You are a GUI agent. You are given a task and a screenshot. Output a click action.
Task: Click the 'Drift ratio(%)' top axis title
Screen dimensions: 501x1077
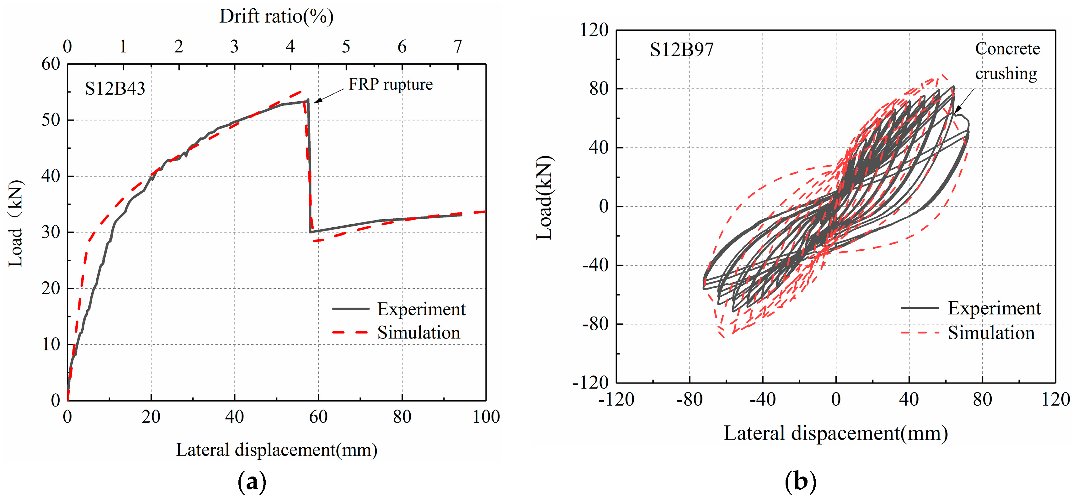click(x=276, y=17)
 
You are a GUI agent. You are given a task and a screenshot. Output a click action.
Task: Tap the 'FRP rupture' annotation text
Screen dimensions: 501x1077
click(x=391, y=84)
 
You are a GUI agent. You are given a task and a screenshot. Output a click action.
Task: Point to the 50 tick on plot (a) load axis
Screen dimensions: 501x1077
click(x=51, y=120)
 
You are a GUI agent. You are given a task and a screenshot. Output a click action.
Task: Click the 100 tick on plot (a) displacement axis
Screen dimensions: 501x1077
click(x=486, y=417)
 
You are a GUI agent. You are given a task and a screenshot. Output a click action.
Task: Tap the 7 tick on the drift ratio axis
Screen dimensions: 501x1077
click(x=458, y=46)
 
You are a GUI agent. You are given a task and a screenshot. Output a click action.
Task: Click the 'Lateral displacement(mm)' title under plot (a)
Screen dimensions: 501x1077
click(x=276, y=450)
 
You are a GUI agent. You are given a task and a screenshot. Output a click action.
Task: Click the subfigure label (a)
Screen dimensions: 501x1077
click(x=252, y=482)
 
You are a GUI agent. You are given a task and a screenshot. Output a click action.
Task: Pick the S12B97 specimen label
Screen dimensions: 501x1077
click(x=681, y=50)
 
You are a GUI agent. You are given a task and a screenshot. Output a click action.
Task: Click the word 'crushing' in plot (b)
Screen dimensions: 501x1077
click(x=1006, y=74)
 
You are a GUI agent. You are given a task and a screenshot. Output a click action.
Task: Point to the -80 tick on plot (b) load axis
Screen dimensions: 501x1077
click(x=596, y=324)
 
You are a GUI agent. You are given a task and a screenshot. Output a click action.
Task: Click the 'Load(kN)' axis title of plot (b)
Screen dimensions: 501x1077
click(x=545, y=198)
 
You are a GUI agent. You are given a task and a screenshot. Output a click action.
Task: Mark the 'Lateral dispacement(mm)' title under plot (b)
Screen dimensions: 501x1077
click(x=835, y=434)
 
